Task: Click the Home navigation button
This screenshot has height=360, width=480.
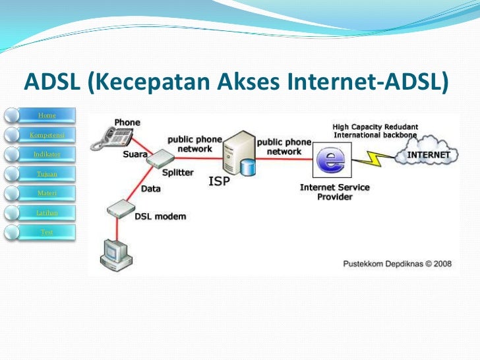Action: pos(47,116)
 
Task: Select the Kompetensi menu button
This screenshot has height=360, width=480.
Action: pos(47,135)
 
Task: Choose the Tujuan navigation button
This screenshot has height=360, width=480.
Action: pos(47,174)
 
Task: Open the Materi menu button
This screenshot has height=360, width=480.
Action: pos(47,193)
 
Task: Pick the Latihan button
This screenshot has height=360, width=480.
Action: pos(47,212)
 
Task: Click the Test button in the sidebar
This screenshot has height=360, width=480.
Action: pos(47,232)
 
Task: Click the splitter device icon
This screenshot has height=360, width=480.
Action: pos(159,158)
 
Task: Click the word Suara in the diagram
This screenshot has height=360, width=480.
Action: pos(135,156)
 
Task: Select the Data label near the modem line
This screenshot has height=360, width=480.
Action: pos(150,189)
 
